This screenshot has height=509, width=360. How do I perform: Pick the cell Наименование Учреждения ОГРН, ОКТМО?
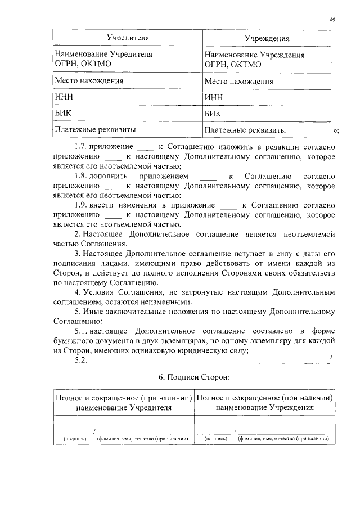[x=255, y=60]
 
